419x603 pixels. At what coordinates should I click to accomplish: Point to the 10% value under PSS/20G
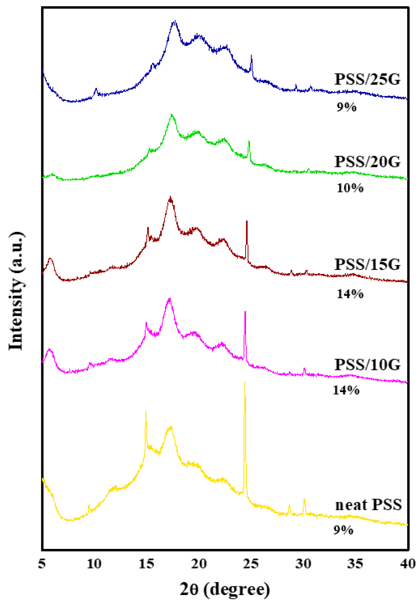350,188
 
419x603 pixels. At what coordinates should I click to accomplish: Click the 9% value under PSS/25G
346,107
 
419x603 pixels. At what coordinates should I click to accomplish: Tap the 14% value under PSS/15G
350,294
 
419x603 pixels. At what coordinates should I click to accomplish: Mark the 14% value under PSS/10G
346,390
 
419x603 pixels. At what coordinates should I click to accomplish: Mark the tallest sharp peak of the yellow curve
245,382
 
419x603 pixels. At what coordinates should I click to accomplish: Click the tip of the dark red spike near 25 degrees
247,221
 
